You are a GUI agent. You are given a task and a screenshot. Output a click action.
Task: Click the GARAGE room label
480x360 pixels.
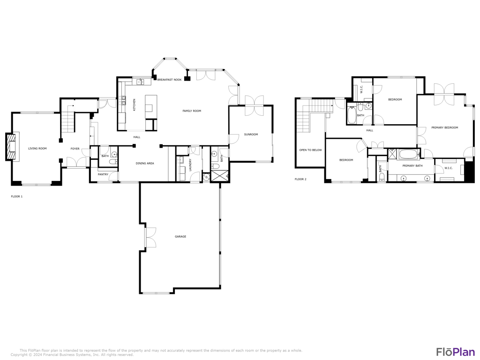[180, 237]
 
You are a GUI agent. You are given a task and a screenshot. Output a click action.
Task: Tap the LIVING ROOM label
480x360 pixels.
[37, 149]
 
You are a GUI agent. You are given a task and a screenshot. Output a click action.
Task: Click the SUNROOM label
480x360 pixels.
[251, 135]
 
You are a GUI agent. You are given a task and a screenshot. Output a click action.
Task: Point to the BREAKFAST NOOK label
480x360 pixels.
[169, 80]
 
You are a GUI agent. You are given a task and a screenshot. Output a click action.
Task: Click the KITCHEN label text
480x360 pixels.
[135, 104]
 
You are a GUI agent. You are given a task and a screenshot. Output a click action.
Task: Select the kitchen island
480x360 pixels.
[150, 104]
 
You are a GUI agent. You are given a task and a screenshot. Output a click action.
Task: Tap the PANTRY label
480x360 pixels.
[103, 174]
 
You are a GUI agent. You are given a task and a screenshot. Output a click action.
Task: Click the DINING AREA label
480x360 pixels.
[145, 164]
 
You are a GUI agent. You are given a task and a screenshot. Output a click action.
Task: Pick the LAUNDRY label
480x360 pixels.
[190, 165]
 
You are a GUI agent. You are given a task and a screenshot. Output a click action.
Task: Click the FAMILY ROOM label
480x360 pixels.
[192, 111]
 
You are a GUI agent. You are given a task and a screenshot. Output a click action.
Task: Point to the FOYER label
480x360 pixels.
[75, 149]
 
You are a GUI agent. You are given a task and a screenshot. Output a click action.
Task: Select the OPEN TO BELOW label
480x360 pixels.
[311, 150]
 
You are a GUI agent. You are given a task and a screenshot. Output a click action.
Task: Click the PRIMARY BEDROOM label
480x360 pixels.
[444, 127]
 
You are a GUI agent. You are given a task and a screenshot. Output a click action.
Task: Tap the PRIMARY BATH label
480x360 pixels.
[412, 166]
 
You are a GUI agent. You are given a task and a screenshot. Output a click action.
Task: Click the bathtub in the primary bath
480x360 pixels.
[409, 154]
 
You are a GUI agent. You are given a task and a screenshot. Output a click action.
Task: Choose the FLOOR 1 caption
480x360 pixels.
[17, 196]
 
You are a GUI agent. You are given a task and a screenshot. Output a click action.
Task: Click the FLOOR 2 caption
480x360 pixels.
[300, 179]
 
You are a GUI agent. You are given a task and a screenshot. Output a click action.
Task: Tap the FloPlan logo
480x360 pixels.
[455, 352]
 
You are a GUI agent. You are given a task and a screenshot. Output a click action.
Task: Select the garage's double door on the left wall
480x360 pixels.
[150, 237]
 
